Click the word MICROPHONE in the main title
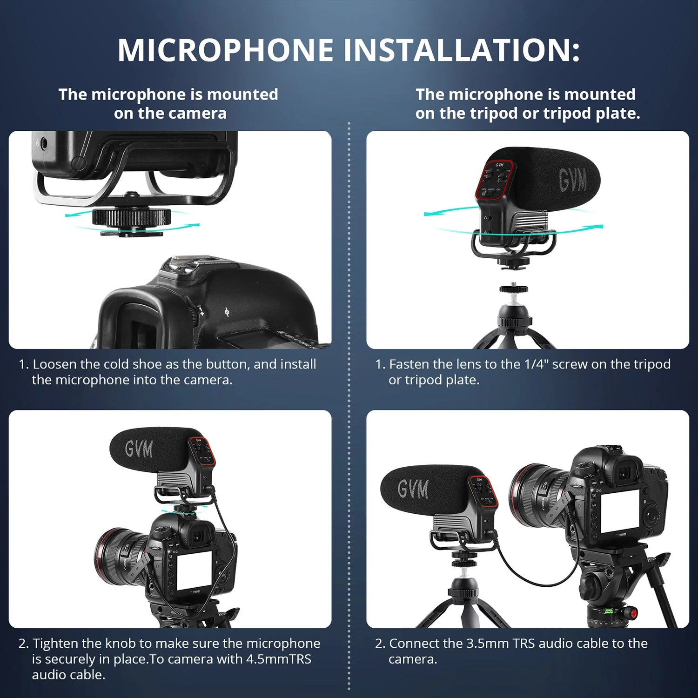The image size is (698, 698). pos(225,50)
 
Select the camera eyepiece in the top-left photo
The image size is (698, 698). pos(135,321)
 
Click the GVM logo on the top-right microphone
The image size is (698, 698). pos(572,180)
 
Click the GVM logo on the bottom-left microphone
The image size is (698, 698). pos(139,450)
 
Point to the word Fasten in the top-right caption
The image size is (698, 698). pos(409,364)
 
